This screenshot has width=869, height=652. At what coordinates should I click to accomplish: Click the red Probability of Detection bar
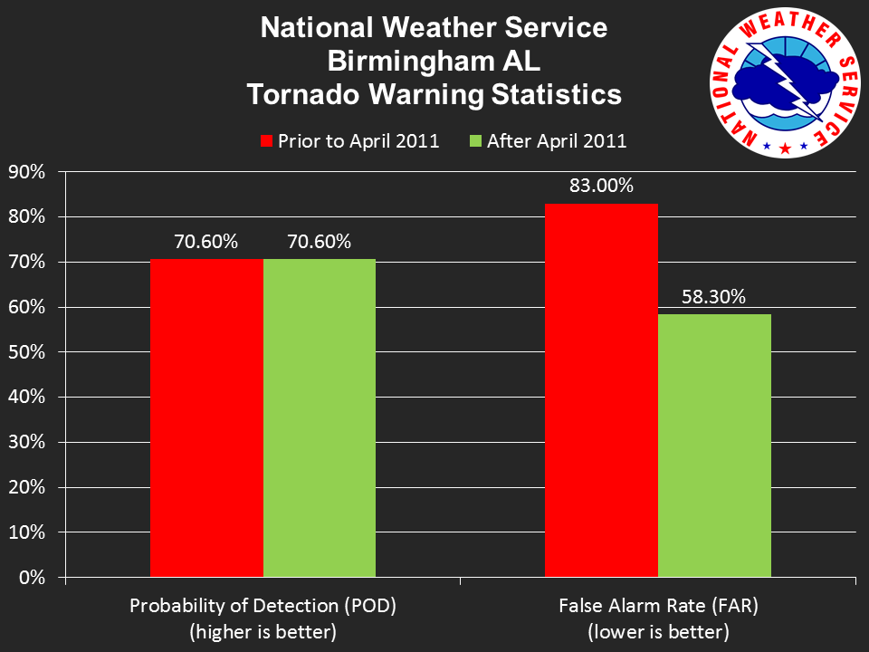tap(206, 417)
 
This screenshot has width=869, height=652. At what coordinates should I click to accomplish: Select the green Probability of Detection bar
tap(320, 417)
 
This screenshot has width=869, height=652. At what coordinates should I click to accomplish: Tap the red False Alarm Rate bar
tap(601, 389)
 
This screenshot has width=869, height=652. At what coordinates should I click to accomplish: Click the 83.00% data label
tap(601, 187)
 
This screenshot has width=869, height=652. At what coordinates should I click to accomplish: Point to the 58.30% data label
tap(714, 297)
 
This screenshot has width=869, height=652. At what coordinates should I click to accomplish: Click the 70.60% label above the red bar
tap(206, 242)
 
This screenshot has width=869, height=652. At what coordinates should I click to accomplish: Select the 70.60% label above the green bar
tap(320, 242)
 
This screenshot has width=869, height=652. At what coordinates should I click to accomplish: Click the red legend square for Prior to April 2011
tap(266, 141)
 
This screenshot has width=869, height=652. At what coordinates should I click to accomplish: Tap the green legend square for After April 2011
tap(476, 141)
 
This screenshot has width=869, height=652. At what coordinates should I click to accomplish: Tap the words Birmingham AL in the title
tap(434, 62)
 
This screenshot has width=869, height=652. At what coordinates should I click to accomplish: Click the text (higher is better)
tap(263, 632)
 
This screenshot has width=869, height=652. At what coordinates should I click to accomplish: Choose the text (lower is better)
tap(658, 632)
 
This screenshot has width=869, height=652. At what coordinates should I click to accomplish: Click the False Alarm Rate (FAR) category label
tap(658, 606)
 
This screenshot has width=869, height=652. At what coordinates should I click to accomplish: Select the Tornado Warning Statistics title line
tap(434, 95)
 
